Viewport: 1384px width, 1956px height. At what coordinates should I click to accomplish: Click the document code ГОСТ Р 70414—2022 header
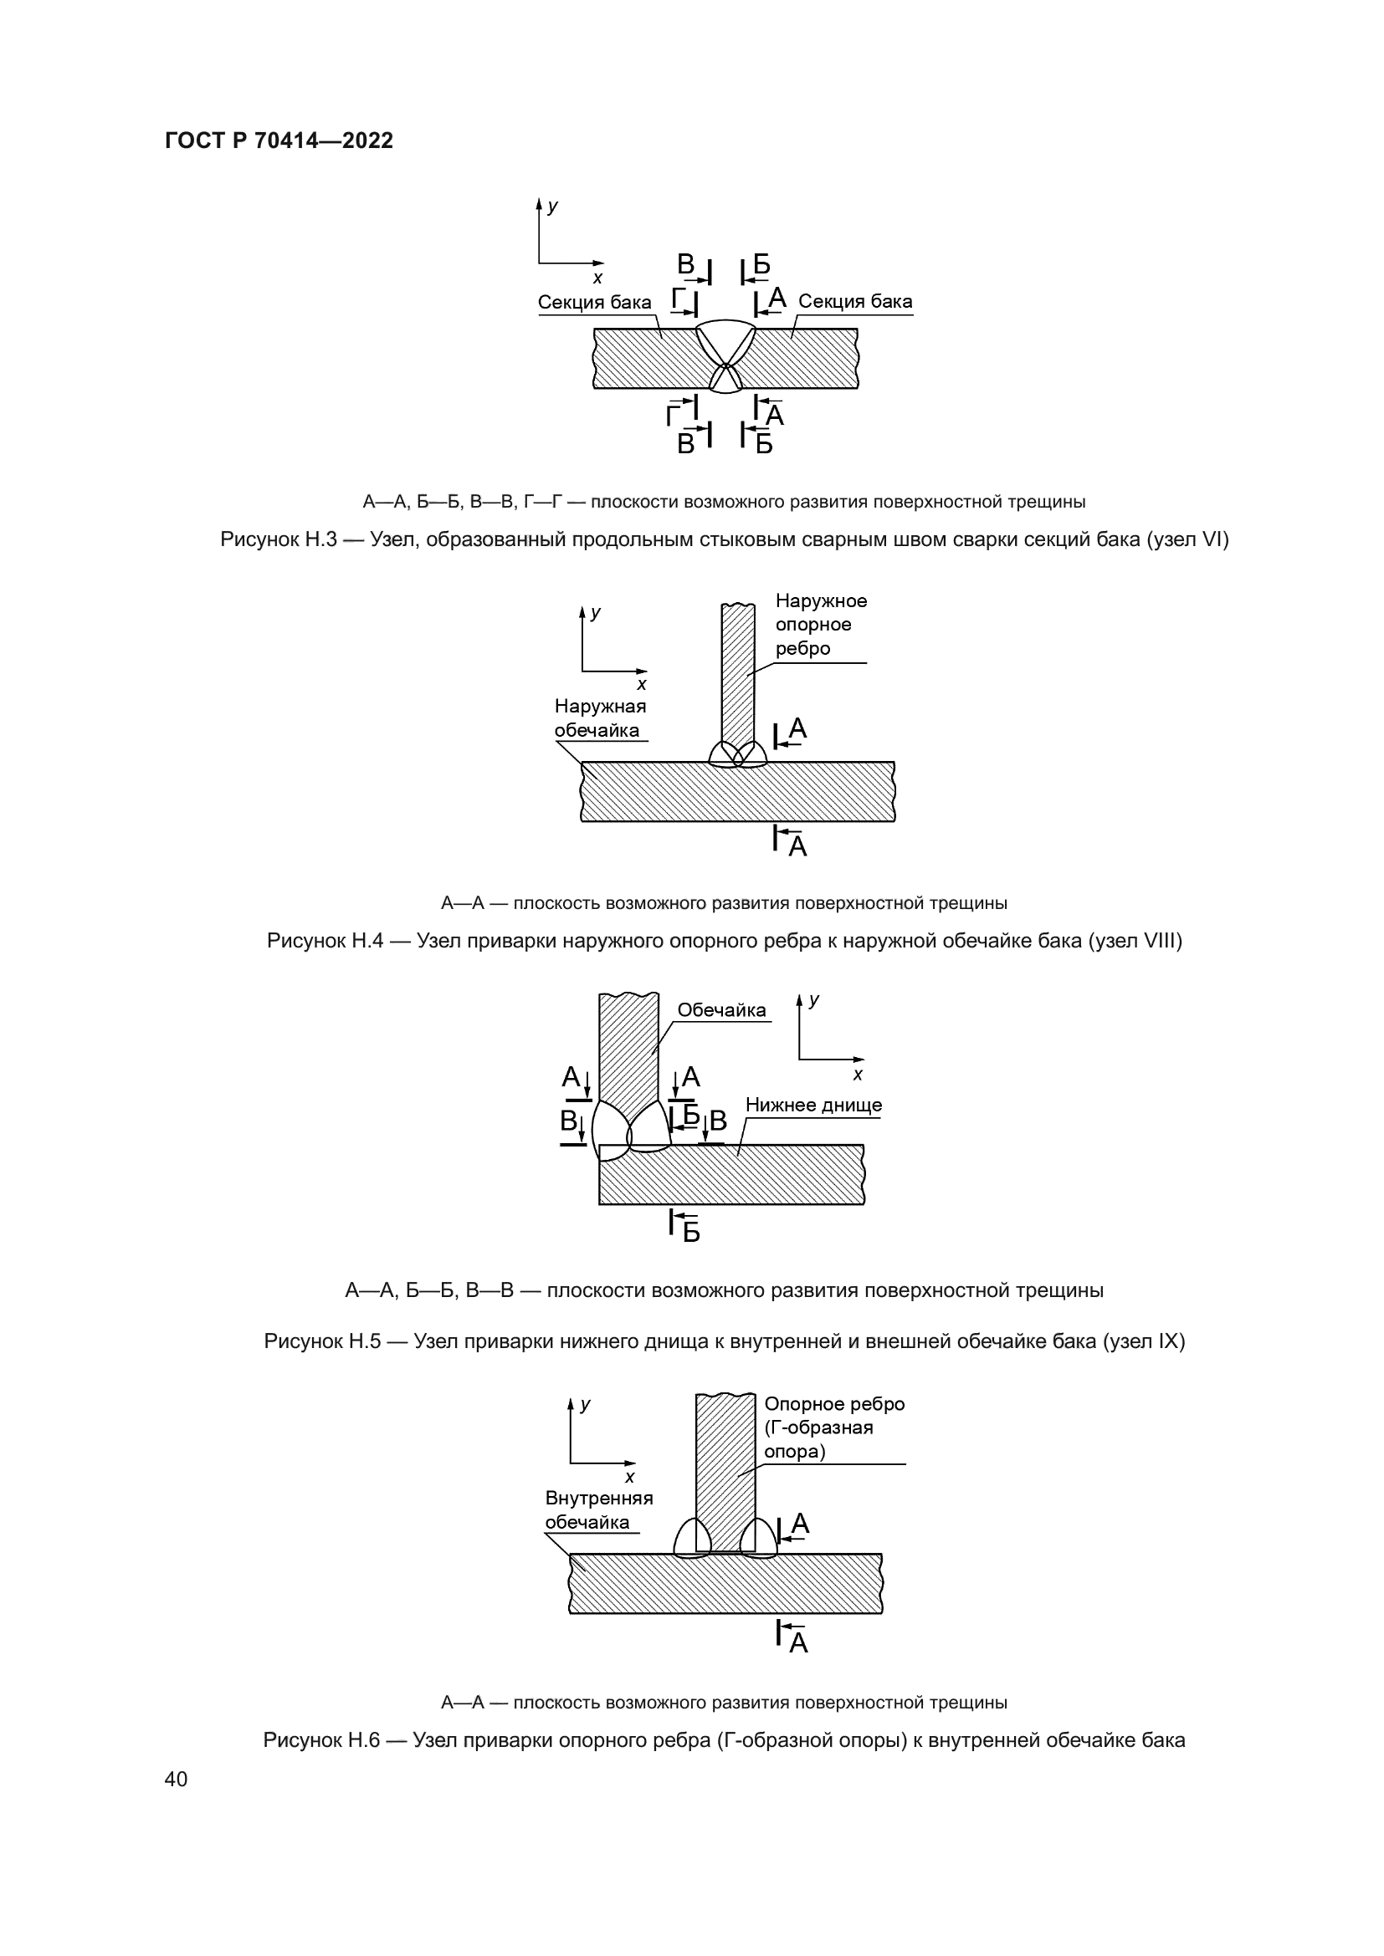pyautogui.click(x=279, y=140)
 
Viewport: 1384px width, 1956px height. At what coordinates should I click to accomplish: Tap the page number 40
pyautogui.click(x=176, y=1779)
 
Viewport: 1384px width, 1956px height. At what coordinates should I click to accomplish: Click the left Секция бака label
pyautogui.click(x=594, y=303)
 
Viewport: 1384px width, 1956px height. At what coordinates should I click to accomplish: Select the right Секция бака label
pyautogui.click(x=855, y=302)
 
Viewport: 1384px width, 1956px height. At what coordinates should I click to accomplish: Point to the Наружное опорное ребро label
pyautogui.click(x=820, y=625)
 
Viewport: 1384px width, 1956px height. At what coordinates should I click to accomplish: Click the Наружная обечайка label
pyautogui.click(x=600, y=718)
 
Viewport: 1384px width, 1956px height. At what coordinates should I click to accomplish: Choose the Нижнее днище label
pyautogui.click(x=813, y=1105)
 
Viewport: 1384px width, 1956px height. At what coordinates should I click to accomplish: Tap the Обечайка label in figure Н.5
pyautogui.click(x=721, y=1010)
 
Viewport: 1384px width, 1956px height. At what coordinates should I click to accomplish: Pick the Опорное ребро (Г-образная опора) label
pyautogui.click(x=833, y=1427)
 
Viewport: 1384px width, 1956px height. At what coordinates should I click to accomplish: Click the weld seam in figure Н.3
pyautogui.click(x=725, y=345)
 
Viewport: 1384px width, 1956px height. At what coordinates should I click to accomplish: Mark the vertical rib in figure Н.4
pyautogui.click(x=737, y=673)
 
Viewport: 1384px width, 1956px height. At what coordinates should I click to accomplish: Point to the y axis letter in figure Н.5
pyautogui.click(x=814, y=1000)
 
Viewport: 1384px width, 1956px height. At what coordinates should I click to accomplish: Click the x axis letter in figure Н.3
pyautogui.click(x=597, y=278)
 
